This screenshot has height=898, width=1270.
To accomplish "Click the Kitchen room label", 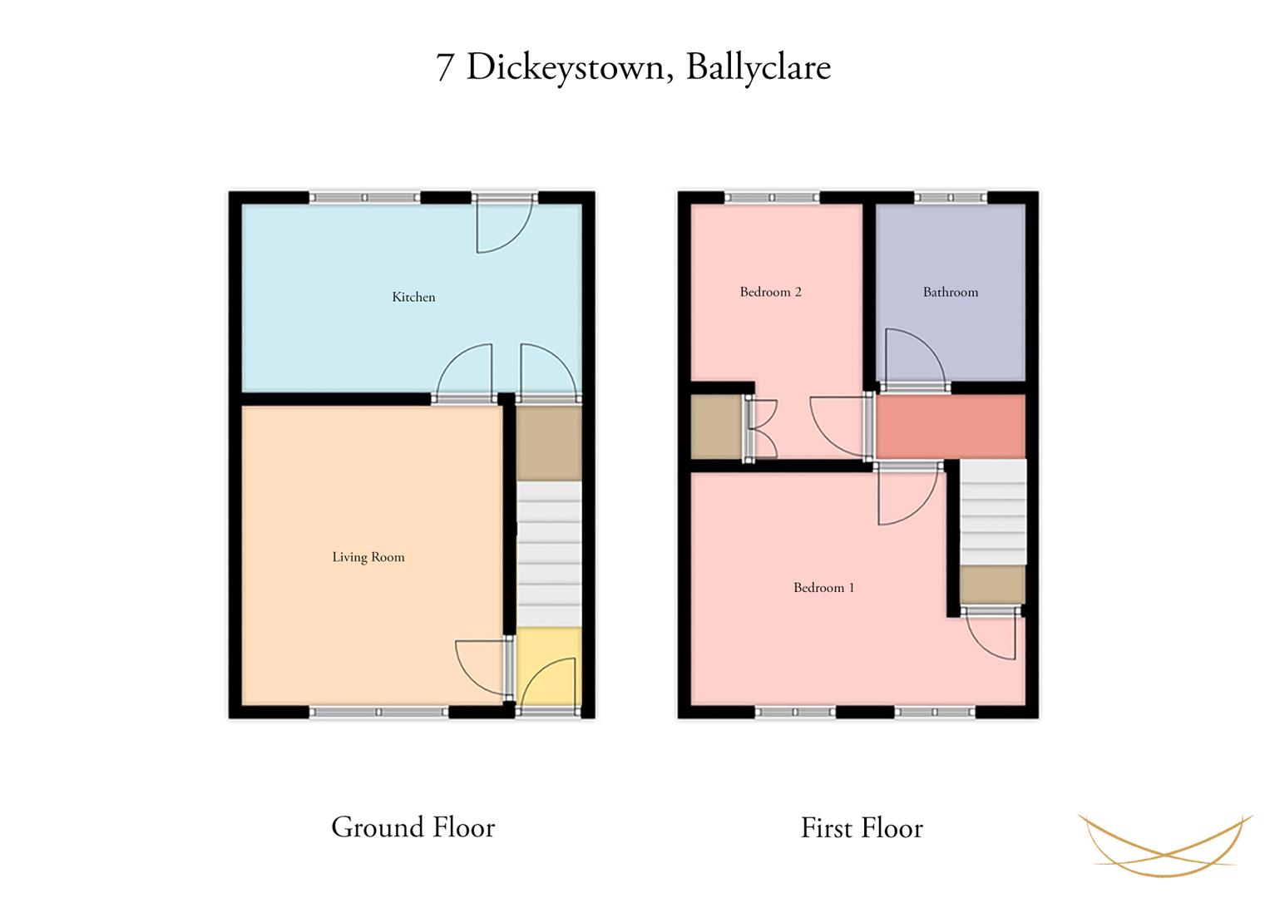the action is pos(413,297).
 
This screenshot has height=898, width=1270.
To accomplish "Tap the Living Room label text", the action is pos(368,557).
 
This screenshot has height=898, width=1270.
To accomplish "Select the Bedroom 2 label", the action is pos(770,292).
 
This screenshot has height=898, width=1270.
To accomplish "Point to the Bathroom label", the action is pos(951,292).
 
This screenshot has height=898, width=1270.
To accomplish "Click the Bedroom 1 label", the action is pos(824,587).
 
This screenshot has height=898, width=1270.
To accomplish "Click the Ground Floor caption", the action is pos(413,827).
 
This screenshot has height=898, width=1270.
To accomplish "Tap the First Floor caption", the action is pos(862,827).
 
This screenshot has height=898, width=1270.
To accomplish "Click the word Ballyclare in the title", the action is pos(759,68).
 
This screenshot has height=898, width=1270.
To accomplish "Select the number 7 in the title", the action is pos(444,68).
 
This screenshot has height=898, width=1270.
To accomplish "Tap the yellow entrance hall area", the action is pos(549,665).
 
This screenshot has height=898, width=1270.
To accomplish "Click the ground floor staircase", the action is pos(549,554).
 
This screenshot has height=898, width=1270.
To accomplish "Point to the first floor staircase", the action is pos(993,512).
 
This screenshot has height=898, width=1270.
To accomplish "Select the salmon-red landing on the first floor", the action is pos(951,427).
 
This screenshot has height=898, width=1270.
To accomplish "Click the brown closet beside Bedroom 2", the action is pos(717,427).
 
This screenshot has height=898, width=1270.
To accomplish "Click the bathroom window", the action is pos(951,197).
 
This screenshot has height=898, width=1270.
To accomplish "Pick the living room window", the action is pos(378,712).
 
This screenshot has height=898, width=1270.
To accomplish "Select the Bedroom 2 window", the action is pos(772,197).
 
